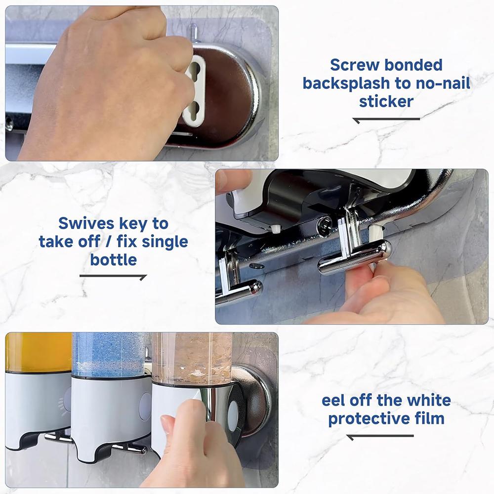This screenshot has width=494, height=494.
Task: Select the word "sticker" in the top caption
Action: [x=386, y=101]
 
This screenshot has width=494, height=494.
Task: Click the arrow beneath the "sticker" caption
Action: [x=386, y=119]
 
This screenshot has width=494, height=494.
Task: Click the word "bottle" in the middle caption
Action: [x=113, y=260]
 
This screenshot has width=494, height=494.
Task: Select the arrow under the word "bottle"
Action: [x=113, y=277]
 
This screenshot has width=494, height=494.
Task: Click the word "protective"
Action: [x=368, y=419]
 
